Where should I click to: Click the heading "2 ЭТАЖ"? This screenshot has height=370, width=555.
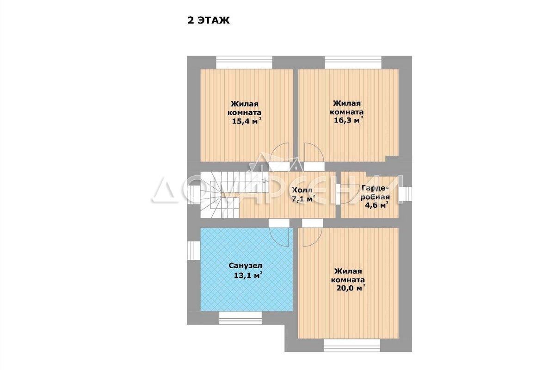click(209, 20)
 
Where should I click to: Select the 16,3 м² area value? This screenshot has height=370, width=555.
click(349, 120)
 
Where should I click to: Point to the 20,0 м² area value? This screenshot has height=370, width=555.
click(351, 288)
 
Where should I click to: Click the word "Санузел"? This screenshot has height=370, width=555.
click(245, 266)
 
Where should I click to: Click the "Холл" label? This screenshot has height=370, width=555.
click(302, 190)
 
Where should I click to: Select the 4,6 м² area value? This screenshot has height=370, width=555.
click(376, 205)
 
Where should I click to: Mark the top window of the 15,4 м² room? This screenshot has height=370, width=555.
click(244, 62)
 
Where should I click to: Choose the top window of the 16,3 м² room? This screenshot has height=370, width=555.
click(353, 62)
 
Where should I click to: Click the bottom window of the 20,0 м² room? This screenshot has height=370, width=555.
click(352, 345)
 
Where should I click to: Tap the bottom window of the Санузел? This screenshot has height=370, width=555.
click(240, 318)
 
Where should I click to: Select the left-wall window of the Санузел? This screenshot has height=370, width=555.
click(193, 250)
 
